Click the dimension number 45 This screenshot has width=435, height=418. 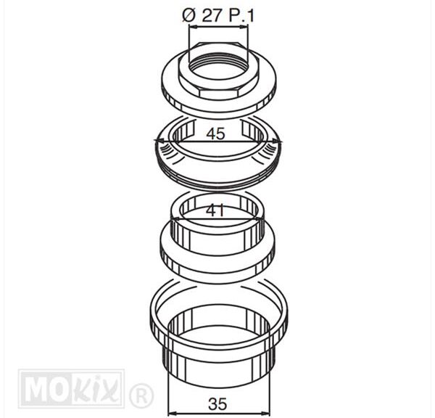click(215, 134)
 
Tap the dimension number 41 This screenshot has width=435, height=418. click(215, 210)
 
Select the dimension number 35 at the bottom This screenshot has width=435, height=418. click(217, 403)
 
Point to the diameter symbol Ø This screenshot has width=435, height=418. click(189, 16)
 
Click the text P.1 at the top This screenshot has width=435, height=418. click(241, 16)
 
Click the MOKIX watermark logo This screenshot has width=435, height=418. click(71, 388)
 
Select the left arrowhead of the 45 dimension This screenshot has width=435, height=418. click(157, 142)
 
